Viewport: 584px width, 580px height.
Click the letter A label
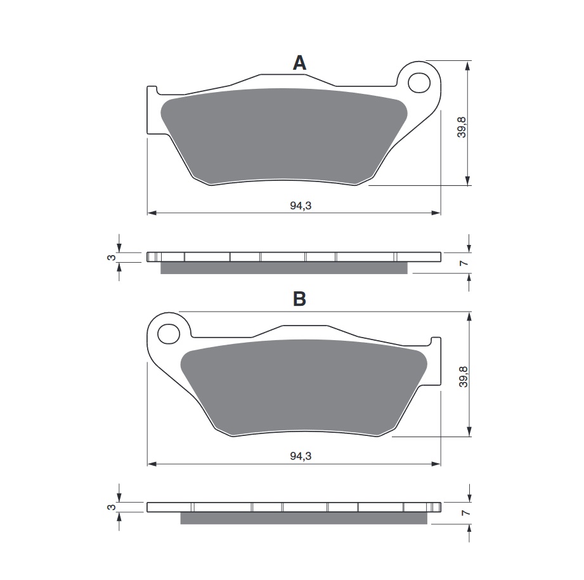click(299, 63)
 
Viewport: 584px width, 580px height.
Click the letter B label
click(299, 298)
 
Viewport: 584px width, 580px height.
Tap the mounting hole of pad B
click(169, 333)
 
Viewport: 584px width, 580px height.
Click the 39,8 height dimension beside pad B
click(463, 376)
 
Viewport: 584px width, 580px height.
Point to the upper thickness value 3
click(110, 257)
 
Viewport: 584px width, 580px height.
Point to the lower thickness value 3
click(110, 508)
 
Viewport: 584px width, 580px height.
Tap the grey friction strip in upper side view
click(283, 268)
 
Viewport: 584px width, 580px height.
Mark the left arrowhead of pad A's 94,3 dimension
click(151, 213)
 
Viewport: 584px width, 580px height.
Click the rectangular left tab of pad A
click(152, 110)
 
